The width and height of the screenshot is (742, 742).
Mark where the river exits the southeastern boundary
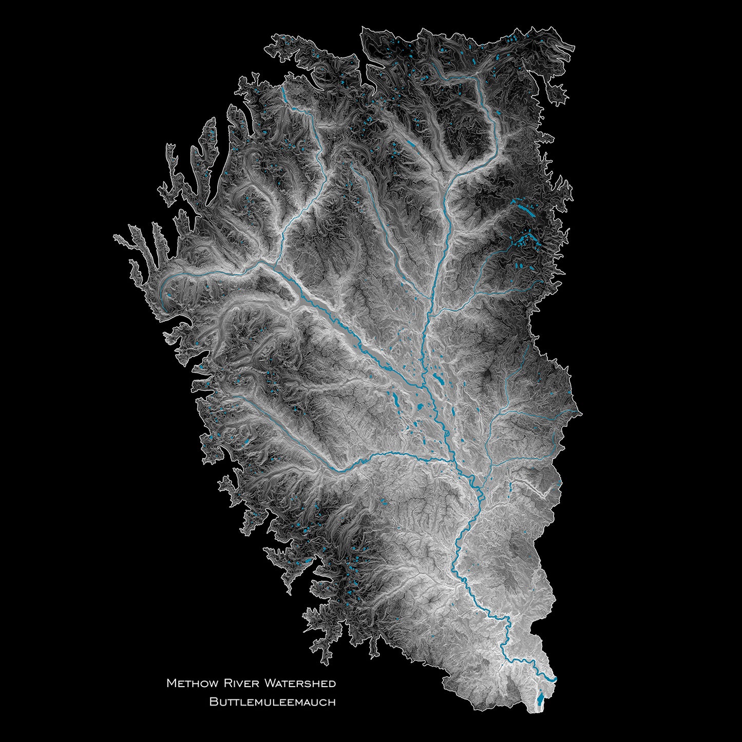pyautogui.click(x=556, y=679)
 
